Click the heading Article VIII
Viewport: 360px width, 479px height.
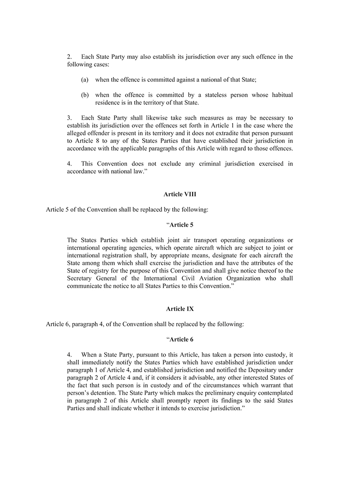tap(180, 194)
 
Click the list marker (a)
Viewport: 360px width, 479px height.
tap(85, 80)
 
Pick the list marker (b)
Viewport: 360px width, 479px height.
tap(85, 95)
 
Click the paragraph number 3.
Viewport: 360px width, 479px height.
tap(69, 118)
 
